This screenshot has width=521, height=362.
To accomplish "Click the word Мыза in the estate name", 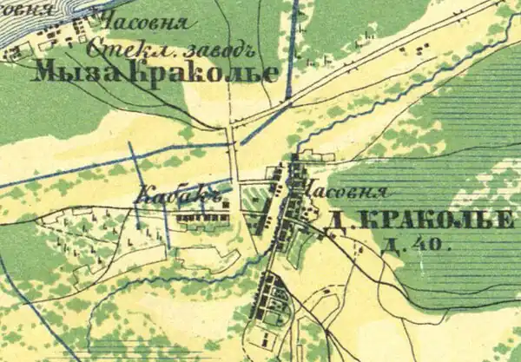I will [77, 72].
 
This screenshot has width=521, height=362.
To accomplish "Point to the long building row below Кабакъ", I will [201, 219].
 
